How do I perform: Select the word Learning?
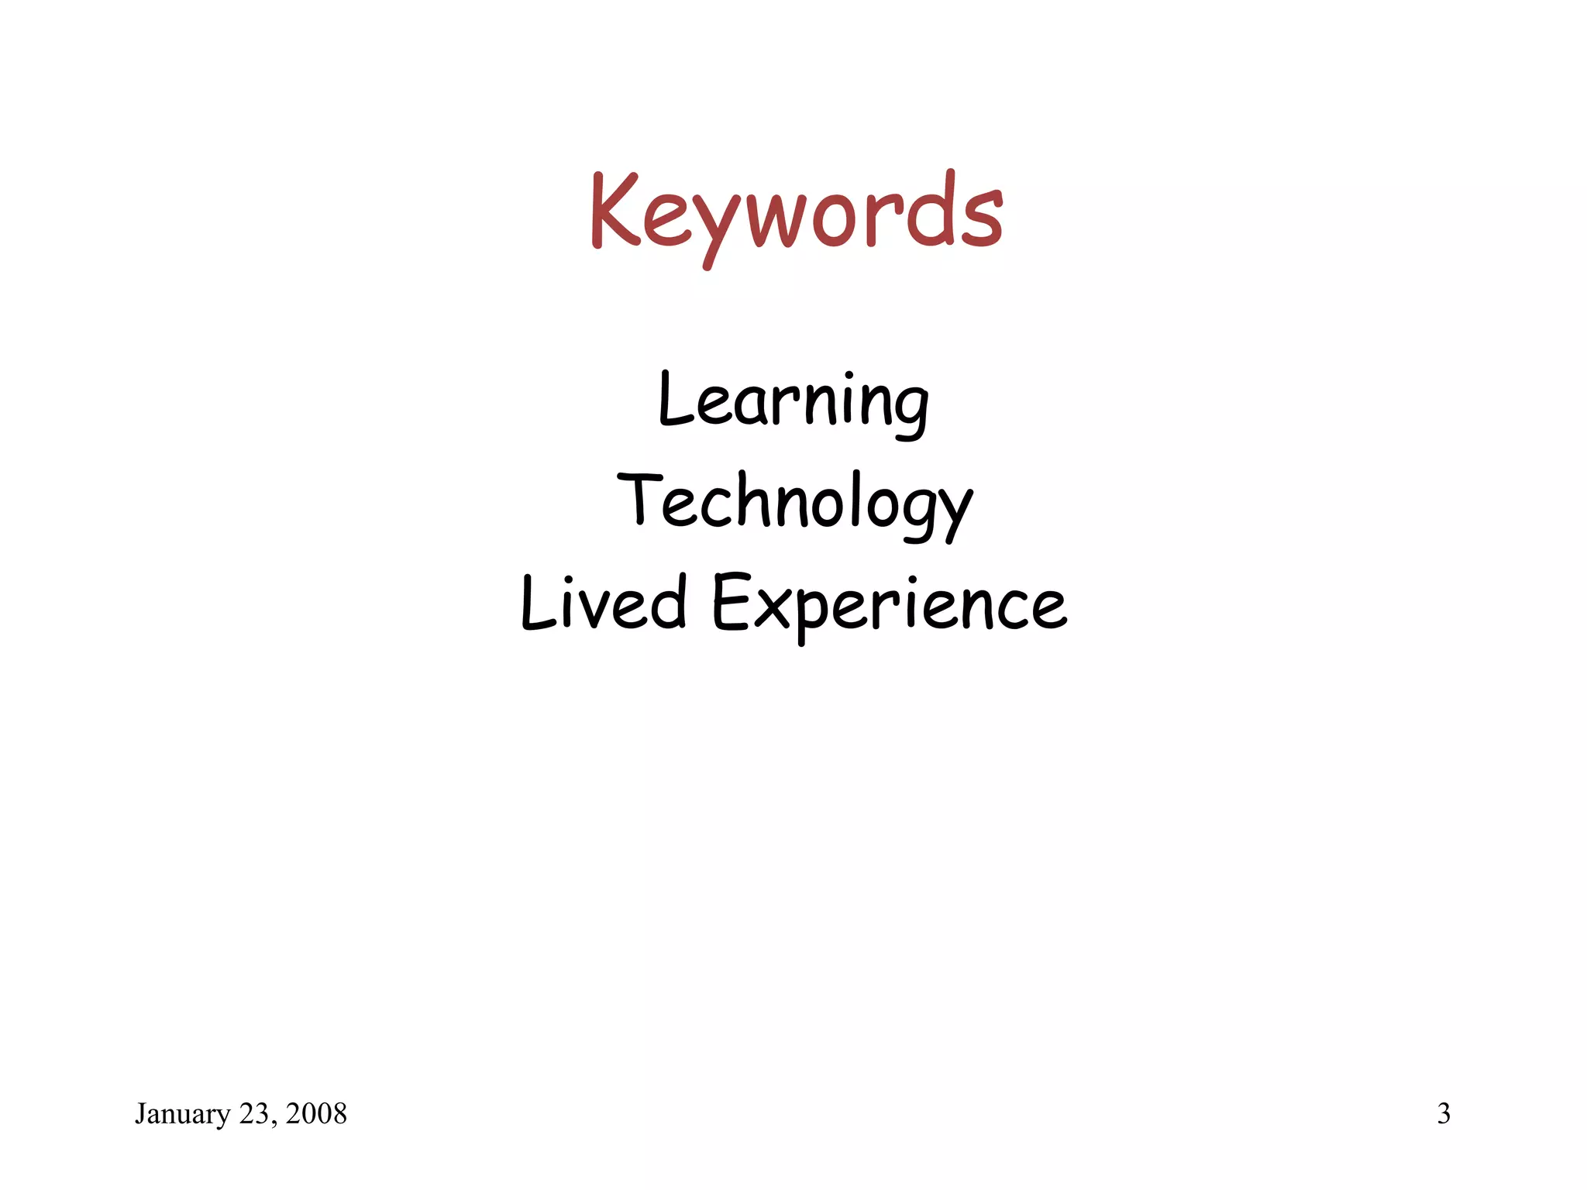793,403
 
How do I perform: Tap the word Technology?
794,504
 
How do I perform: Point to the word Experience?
889,605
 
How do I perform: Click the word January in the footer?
182,1114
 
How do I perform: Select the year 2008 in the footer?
316,1114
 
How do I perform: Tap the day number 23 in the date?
253,1114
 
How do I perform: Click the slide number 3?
1444,1113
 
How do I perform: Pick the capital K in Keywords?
614,211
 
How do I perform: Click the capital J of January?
140,1113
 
